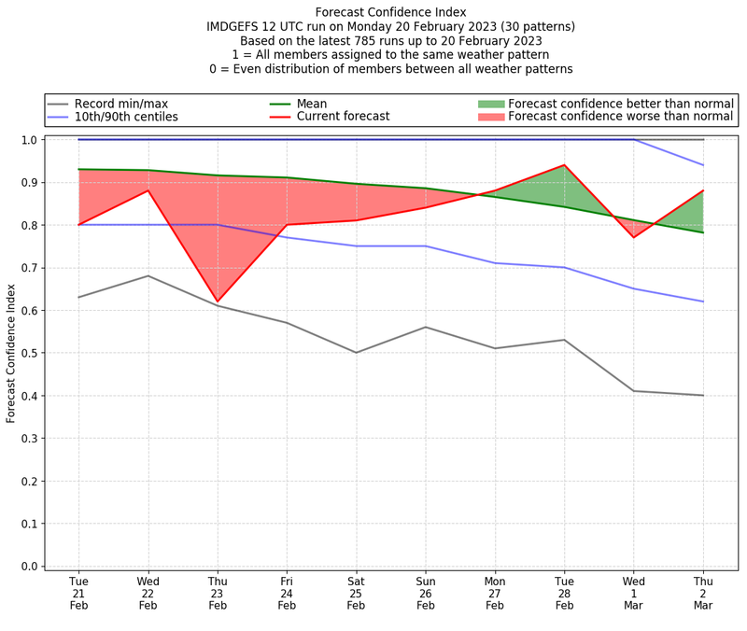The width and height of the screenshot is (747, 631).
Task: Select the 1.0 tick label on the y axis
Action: point(31,140)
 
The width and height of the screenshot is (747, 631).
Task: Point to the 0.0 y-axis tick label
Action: point(31,567)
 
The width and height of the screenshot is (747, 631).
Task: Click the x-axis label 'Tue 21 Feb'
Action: point(78,594)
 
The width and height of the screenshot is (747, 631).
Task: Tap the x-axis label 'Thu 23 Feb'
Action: point(218,594)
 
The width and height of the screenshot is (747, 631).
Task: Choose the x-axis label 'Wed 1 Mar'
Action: point(634,594)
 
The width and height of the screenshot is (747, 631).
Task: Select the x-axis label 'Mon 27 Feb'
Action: point(495,594)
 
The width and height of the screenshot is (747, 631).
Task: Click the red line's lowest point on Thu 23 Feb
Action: point(218,302)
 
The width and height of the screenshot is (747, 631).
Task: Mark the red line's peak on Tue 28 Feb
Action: point(564,165)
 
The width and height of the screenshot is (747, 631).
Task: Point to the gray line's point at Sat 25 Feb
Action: point(356,353)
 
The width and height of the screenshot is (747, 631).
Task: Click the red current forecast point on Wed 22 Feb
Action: point(148,191)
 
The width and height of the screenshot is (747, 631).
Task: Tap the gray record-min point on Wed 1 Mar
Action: point(634,391)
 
